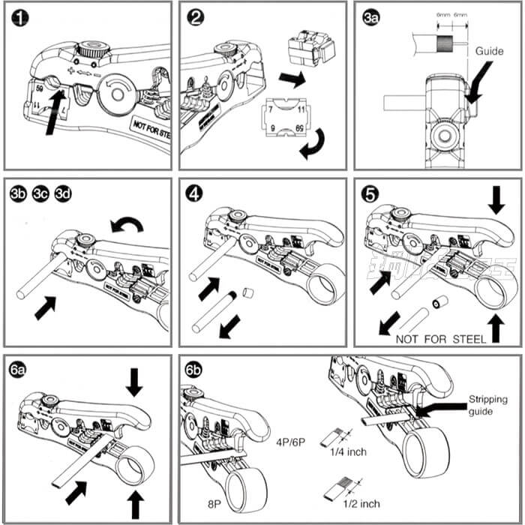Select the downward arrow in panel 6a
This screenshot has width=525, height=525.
point(134,381)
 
